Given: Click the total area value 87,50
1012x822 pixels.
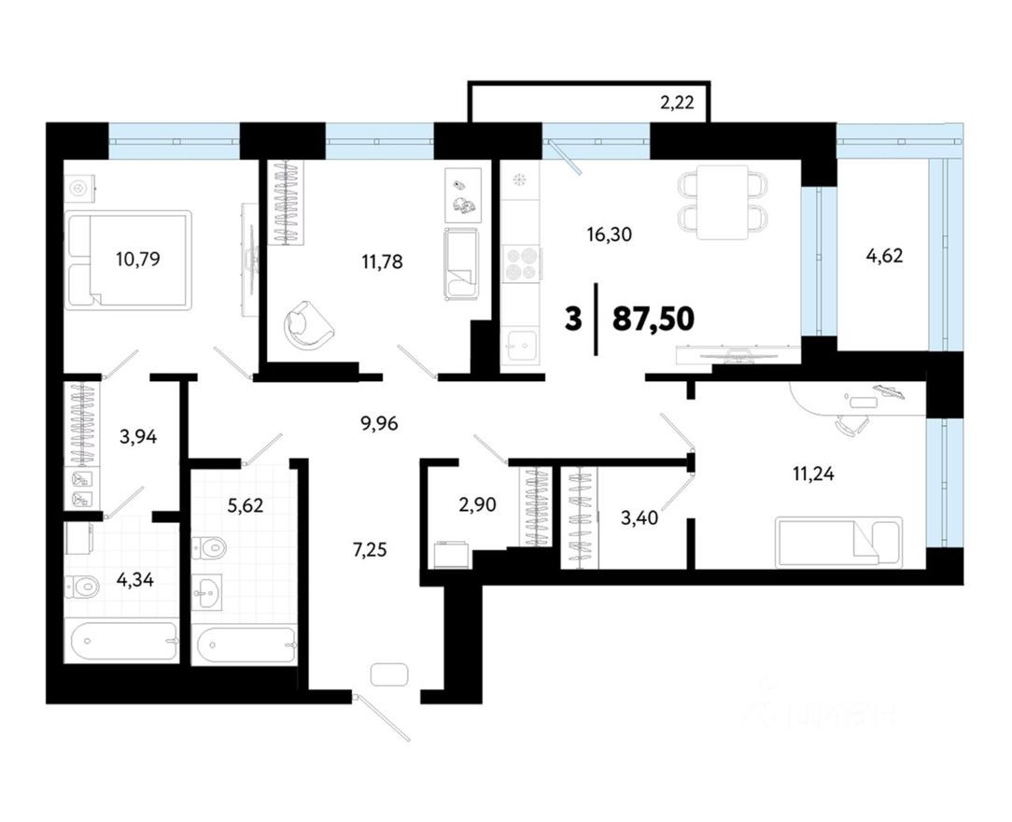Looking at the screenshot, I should click(653, 319).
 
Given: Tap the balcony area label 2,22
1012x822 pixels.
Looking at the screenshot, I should click(679, 104).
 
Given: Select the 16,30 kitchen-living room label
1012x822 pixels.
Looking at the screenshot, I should click(610, 234).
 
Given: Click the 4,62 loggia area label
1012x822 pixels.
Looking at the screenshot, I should click(883, 255).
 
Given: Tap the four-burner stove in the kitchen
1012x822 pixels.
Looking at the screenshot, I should click(520, 262).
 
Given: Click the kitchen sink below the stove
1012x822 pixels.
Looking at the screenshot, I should click(521, 346).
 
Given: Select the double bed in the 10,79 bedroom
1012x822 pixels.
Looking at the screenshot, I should click(128, 259).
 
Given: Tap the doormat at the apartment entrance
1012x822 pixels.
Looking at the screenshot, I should click(389, 674).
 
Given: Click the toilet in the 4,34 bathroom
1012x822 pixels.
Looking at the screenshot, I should click(82, 587).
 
